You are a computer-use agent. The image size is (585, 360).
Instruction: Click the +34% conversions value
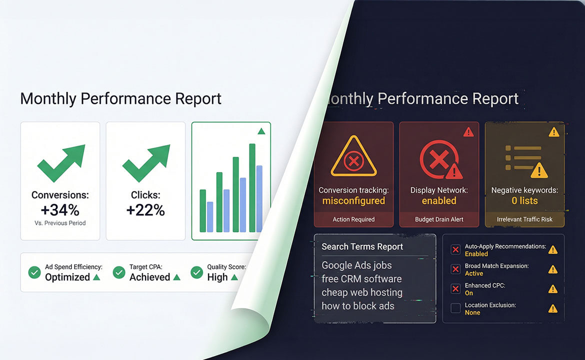(x=60, y=209)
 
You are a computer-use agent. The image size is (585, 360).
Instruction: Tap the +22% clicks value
(x=145, y=209)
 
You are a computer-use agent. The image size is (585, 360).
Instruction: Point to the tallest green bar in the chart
(x=252, y=187)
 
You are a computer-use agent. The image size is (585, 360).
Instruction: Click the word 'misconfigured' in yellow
(x=353, y=201)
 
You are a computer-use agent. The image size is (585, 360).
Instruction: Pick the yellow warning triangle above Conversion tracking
(x=353, y=156)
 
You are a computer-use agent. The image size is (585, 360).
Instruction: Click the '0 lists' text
(x=524, y=201)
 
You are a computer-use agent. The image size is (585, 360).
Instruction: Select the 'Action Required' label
(x=353, y=219)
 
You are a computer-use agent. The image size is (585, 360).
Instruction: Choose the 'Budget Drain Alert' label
(x=439, y=219)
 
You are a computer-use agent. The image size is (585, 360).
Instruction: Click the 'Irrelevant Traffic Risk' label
(x=524, y=219)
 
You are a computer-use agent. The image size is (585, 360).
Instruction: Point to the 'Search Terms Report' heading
(x=362, y=246)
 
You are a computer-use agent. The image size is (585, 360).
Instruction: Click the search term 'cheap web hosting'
(x=362, y=292)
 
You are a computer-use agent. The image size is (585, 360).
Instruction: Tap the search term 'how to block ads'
(x=358, y=306)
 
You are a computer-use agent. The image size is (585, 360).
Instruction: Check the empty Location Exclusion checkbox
(x=455, y=308)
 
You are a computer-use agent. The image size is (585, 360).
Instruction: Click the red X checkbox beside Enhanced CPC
(x=455, y=289)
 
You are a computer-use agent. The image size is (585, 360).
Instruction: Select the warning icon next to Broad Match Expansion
(x=552, y=269)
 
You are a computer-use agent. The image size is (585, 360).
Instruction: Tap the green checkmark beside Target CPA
(x=119, y=272)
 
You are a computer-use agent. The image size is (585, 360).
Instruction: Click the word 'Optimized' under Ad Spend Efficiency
(x=67, y=277)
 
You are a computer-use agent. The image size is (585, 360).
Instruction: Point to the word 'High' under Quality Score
(x=217, y=277)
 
